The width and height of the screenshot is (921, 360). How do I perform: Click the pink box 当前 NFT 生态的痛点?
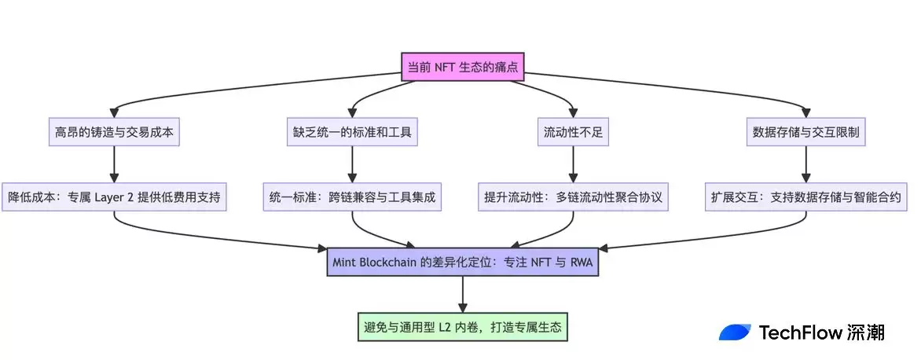point(462,67)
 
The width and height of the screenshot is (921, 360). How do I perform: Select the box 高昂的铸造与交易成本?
point(115,132)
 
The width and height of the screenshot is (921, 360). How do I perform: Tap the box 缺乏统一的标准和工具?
point(351,132)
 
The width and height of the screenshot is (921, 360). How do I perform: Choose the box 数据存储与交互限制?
point(806,132)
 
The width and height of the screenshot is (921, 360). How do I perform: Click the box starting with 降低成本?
point(115,197)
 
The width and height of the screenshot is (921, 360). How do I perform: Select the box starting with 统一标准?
point(351,197)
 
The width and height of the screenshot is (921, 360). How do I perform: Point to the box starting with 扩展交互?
point(806,197)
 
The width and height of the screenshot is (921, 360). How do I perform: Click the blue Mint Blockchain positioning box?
point(462,262)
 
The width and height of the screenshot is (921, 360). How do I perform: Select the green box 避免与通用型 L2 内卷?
point(462,326)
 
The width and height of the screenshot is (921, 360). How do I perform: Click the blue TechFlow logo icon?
point(735,332)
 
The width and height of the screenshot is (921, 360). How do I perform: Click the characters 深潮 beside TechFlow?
point(867,332)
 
